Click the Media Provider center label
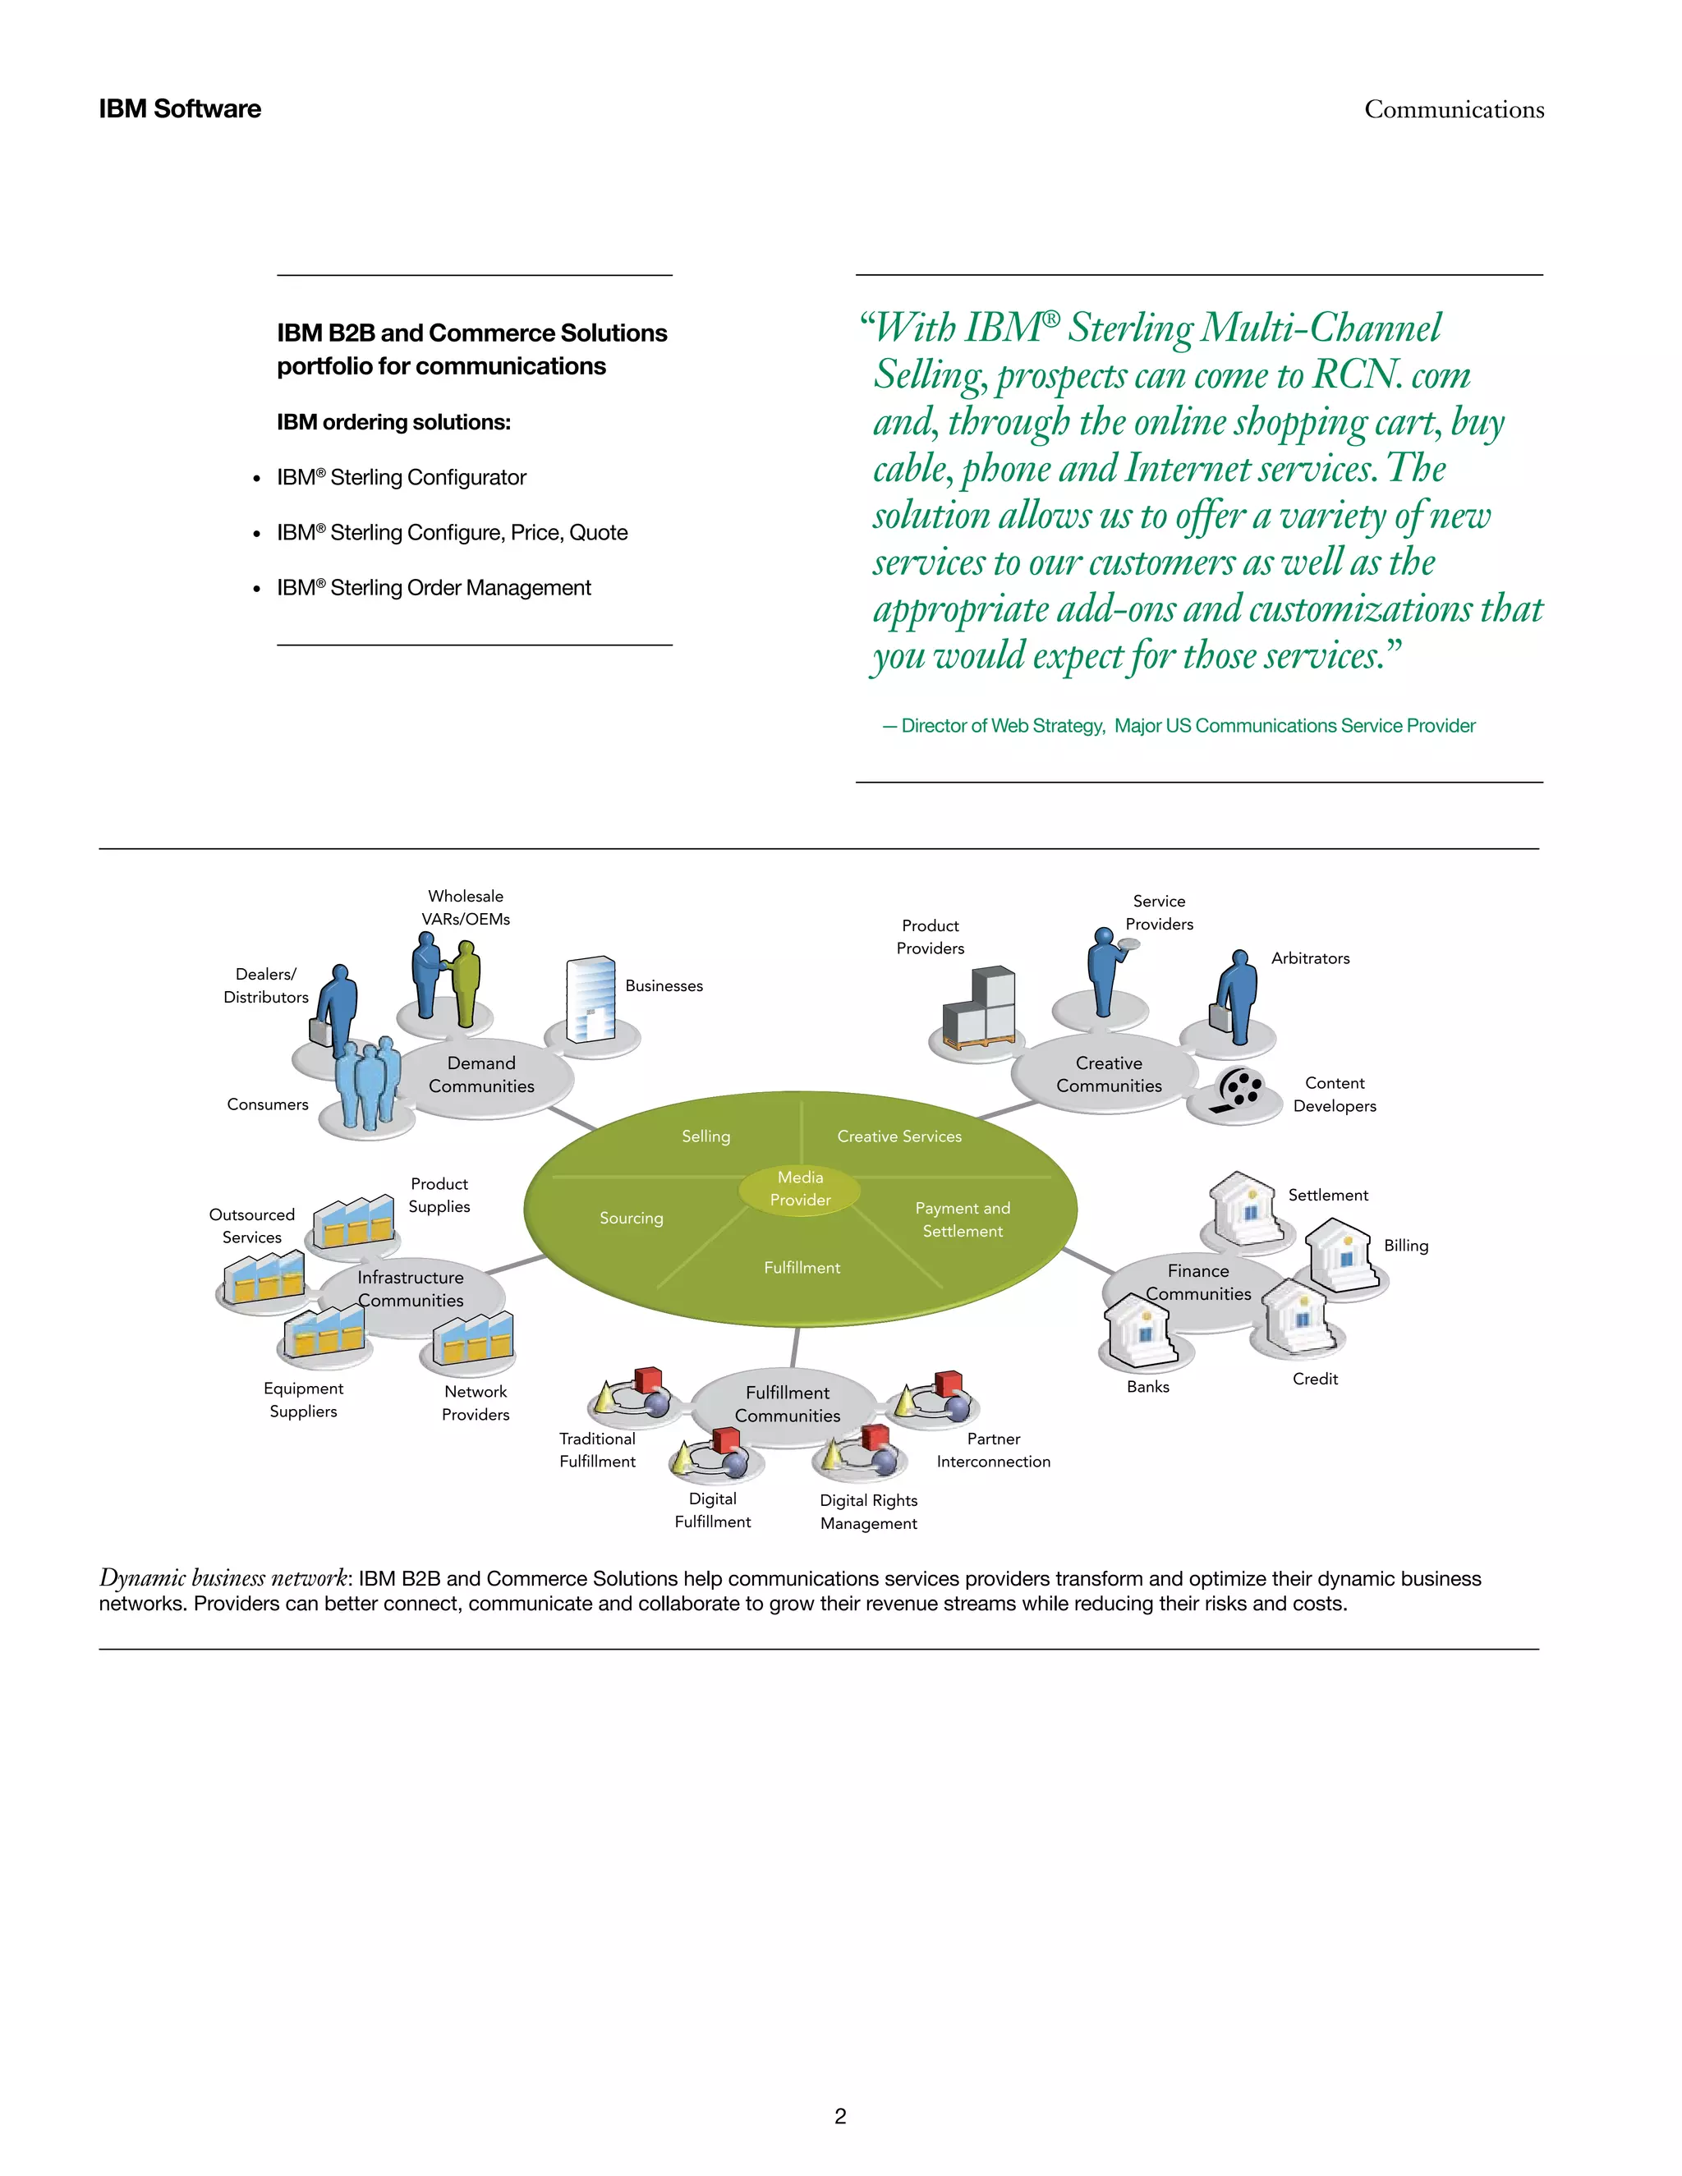(800, 1189)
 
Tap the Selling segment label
(705, 1136)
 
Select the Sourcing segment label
(631, 1218)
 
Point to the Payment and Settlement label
(963, 1219)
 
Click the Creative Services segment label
(898, 1136)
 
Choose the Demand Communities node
(481, 1075)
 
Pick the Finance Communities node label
(1197, 1283)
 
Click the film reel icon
(1239, 1090)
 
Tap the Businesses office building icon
(591, 998)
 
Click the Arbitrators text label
(1309, 957)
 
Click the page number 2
(840, 2115)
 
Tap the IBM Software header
(179, 108)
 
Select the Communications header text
(1454, 109)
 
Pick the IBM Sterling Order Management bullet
(434, 588)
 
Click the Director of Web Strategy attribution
(1178, 725)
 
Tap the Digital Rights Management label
(868, 1512)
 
